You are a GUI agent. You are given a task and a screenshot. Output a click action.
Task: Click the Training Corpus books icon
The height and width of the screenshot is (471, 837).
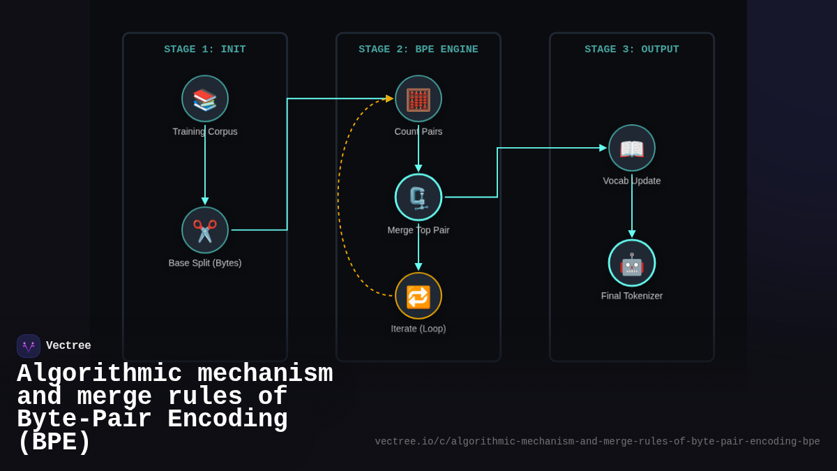coord(205,99)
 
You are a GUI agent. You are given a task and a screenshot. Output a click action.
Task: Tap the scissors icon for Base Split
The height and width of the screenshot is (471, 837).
coord(205,230)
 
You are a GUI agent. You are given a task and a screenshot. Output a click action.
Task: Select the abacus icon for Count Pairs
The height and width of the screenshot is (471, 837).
coord(418,99)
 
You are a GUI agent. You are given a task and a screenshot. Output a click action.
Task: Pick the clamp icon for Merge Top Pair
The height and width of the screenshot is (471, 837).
coord(418,197)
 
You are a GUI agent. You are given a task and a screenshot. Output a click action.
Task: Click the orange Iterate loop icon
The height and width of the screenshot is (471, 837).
coord(418,296)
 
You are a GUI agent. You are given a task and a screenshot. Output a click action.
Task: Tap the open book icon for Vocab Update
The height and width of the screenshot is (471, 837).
coord(632,148)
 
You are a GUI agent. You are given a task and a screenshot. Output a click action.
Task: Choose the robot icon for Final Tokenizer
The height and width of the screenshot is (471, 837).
coord(632,263)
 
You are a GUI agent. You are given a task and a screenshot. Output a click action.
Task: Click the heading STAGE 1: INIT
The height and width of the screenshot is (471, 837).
coord(205,50)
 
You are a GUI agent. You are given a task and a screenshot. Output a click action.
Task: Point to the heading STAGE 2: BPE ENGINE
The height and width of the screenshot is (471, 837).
coord(418,50)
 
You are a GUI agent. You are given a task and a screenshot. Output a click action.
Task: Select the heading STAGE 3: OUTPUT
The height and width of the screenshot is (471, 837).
coord(632,50)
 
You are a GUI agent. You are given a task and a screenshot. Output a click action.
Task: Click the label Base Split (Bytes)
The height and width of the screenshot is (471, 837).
coord(205,263)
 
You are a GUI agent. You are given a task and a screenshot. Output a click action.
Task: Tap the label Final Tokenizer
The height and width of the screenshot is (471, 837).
coord(632,296)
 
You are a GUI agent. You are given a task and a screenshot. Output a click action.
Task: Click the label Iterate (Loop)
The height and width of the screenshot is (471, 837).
coord(418,329)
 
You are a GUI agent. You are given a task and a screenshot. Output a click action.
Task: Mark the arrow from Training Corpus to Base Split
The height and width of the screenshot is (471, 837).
coord(205,167)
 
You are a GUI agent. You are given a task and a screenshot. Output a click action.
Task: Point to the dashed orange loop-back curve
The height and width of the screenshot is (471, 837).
coord(339,195)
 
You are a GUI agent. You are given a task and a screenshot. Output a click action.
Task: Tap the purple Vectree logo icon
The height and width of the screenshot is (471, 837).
coord(29,346)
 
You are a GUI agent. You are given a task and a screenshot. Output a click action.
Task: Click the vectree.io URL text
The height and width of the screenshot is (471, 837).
coord(597,442)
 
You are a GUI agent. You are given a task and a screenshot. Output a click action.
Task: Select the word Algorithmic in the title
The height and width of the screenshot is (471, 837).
coord(99,374)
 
